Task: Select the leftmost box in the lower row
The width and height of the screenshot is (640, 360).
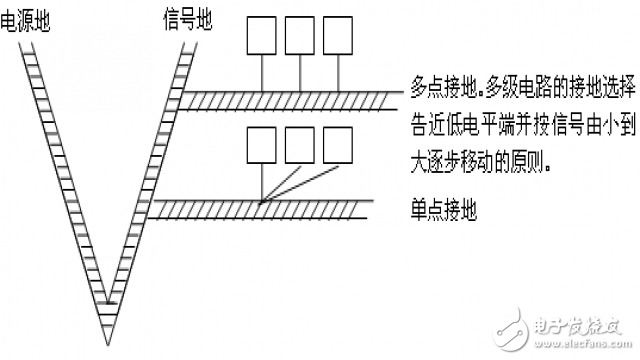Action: pyautogui.click(x=262, y=148)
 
